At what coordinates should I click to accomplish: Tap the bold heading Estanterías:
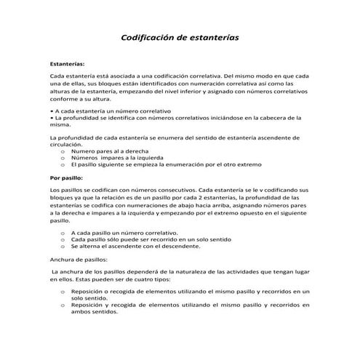click(x=67, y=64)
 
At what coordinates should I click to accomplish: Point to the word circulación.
click(x=65, y=144)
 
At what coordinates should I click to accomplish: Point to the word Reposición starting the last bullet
click(x=89, y=304)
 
